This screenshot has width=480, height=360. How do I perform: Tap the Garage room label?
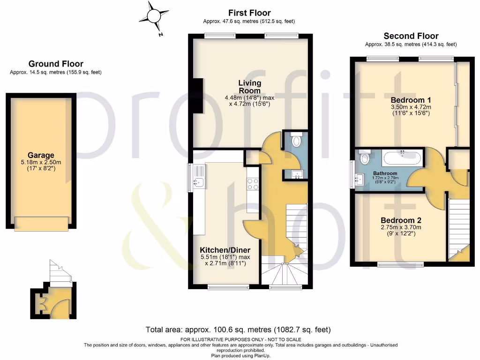tap(41, 155)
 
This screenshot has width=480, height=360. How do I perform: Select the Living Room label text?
tap(250, 87)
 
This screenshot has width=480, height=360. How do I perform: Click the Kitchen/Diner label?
tap(225, 250)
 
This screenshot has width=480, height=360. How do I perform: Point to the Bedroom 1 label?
tap(411, 100)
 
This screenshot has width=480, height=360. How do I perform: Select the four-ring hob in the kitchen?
tap(253, 184)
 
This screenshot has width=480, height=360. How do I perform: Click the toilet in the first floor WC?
tap(296, 139)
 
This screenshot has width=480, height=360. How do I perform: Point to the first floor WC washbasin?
tap(297, 175)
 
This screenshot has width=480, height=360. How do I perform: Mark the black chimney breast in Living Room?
tap(198, 97)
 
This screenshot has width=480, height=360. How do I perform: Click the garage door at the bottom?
tap(41, 224)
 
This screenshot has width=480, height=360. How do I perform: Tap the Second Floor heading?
tap(411, 36)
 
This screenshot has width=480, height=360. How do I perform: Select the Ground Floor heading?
tap(56, 64)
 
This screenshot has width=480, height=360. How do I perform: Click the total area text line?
tap(238, 330)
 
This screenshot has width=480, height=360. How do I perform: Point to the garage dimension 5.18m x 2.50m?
tap(41, 162)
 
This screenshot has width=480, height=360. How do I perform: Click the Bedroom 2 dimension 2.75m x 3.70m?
tap(401, 227)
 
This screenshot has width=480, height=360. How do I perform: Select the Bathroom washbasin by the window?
tap(360, 179)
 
